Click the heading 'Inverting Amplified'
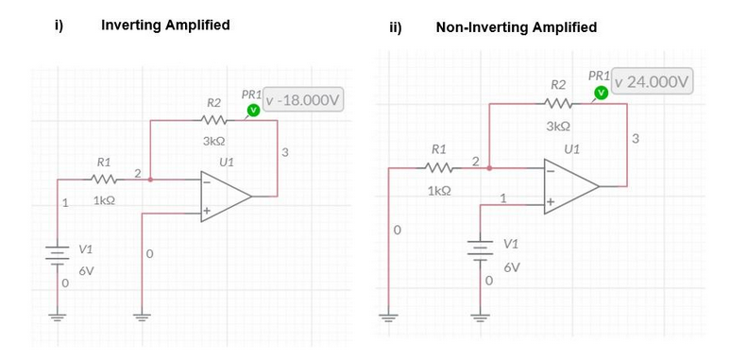click(165, 26)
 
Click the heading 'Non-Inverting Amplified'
click(516, 27)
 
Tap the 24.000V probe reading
click(654, 82)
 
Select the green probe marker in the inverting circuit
click(253, 111)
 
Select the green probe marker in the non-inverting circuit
click(600, 93)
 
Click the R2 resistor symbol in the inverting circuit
click(213, 121)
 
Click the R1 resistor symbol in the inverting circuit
click(104, 180)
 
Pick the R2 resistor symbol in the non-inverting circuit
click(558, 105)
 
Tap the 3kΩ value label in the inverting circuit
click(212, 141)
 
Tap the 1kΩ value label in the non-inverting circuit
click(438, 190)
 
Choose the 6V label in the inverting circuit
click(86, 271)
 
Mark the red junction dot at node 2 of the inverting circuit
click(151, 178)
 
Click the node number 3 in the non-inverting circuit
click(636, 139)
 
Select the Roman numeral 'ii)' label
click(396, 27)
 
